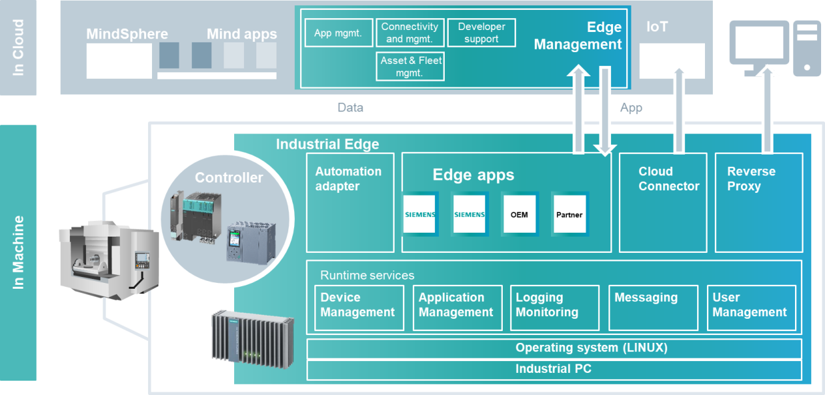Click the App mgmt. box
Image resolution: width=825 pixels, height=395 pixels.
pyautogui.click(x=338, y=33)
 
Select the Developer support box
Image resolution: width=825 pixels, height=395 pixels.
pyautogui.click(x=481, y=33)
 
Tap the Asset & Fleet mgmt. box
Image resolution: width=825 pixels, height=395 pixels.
pyautogui.click(x=410, y=66)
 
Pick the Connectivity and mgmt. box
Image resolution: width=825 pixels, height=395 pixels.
pyautogui.click(x=410, y=33)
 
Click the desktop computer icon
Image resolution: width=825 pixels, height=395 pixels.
pyautogui.click(x=774, y=48)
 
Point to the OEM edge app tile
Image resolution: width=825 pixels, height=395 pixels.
pyautogui.click(x=519, y=214)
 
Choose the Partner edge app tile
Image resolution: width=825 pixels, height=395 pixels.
pyautogui.click(x=569, y=214)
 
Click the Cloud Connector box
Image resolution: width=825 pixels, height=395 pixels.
pyautogui.click(x=663, y=202)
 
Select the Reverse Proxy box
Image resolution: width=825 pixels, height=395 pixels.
pyautogui.click(x=759, y=202)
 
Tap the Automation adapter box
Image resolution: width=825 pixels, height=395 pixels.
pyautogui.click(x=350, y=202)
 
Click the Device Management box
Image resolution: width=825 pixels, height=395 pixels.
pyautogui.click(x=357, y=308)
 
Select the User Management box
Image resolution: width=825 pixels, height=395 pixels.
pyautogui.click(x=751, y=308)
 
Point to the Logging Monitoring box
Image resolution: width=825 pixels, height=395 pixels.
pyautogui.click(x=554, y=308)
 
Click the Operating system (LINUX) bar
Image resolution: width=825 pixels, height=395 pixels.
pyautogui.click(x=554, y=348)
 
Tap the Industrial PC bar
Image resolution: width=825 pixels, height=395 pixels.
pyautogui.click(x=554, y=370)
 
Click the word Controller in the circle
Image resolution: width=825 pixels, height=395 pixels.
pyautogui.click(x=229, y=177)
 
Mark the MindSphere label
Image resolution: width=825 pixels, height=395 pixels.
pyautogui.click(x=127, y=34)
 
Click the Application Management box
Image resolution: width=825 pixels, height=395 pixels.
pyautogui.click(x=457, y=308)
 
